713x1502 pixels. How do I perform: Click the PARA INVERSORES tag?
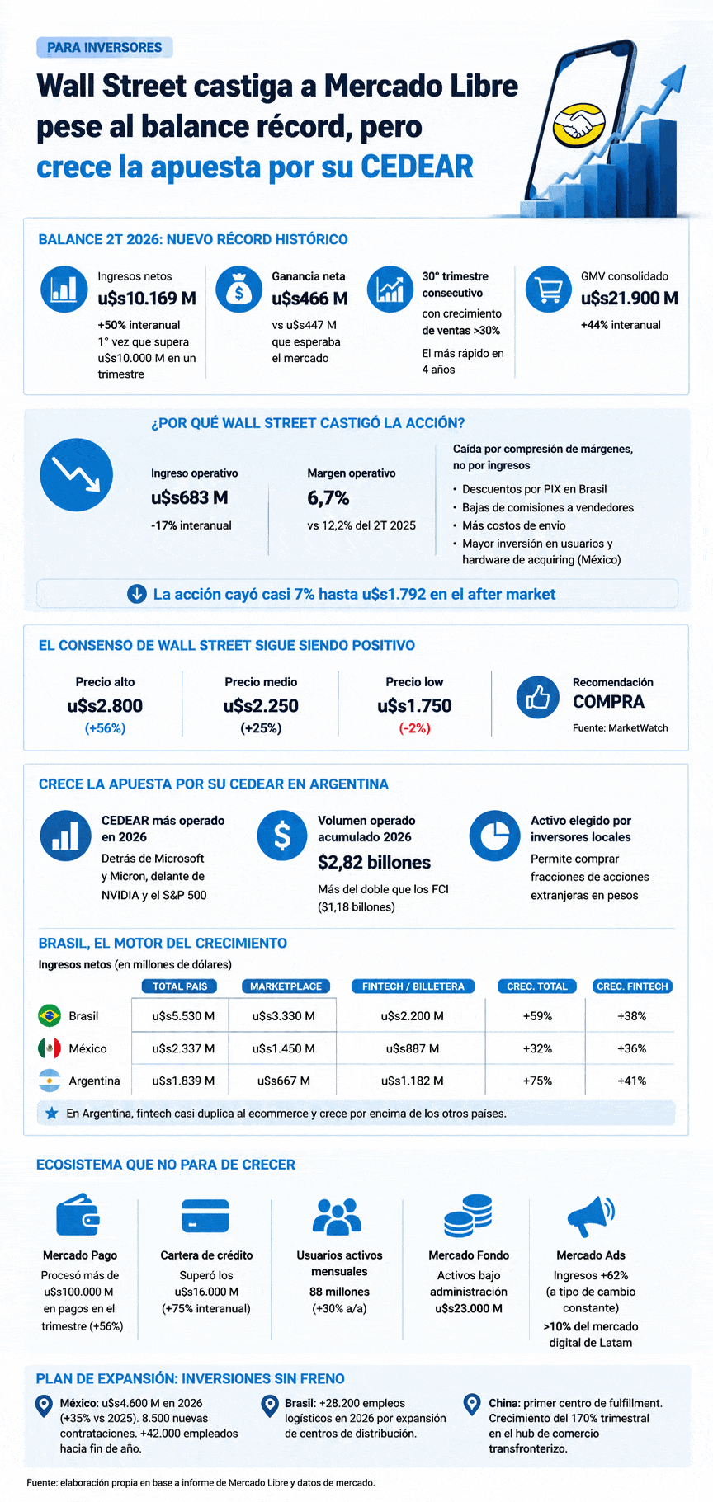point(105,48)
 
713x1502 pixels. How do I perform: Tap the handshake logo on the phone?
point(580,124)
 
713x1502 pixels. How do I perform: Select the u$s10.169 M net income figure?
point(147,299)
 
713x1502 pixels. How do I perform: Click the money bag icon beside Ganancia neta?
point(238,290)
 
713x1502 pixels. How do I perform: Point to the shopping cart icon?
point(549,290)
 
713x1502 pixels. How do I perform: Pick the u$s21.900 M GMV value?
point(630,299)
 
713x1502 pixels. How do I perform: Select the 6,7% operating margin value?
point(328,498)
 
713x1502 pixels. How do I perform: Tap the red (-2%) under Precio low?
point(414,728)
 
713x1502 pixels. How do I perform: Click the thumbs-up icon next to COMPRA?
point(538,697)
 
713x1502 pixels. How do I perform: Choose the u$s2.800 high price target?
point(105,706)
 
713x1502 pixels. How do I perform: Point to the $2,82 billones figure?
point(375,863)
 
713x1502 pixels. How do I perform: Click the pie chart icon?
point(495,836)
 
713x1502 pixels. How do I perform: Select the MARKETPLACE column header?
point(286,986)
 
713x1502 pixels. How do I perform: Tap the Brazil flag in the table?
point(50,1015)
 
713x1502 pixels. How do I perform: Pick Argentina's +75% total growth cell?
point(537,1081)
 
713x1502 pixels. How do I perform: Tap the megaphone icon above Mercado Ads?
point(591,1216)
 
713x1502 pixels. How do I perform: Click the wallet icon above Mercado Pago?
point(79,1215)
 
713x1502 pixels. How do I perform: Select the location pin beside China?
point(472,1405)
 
